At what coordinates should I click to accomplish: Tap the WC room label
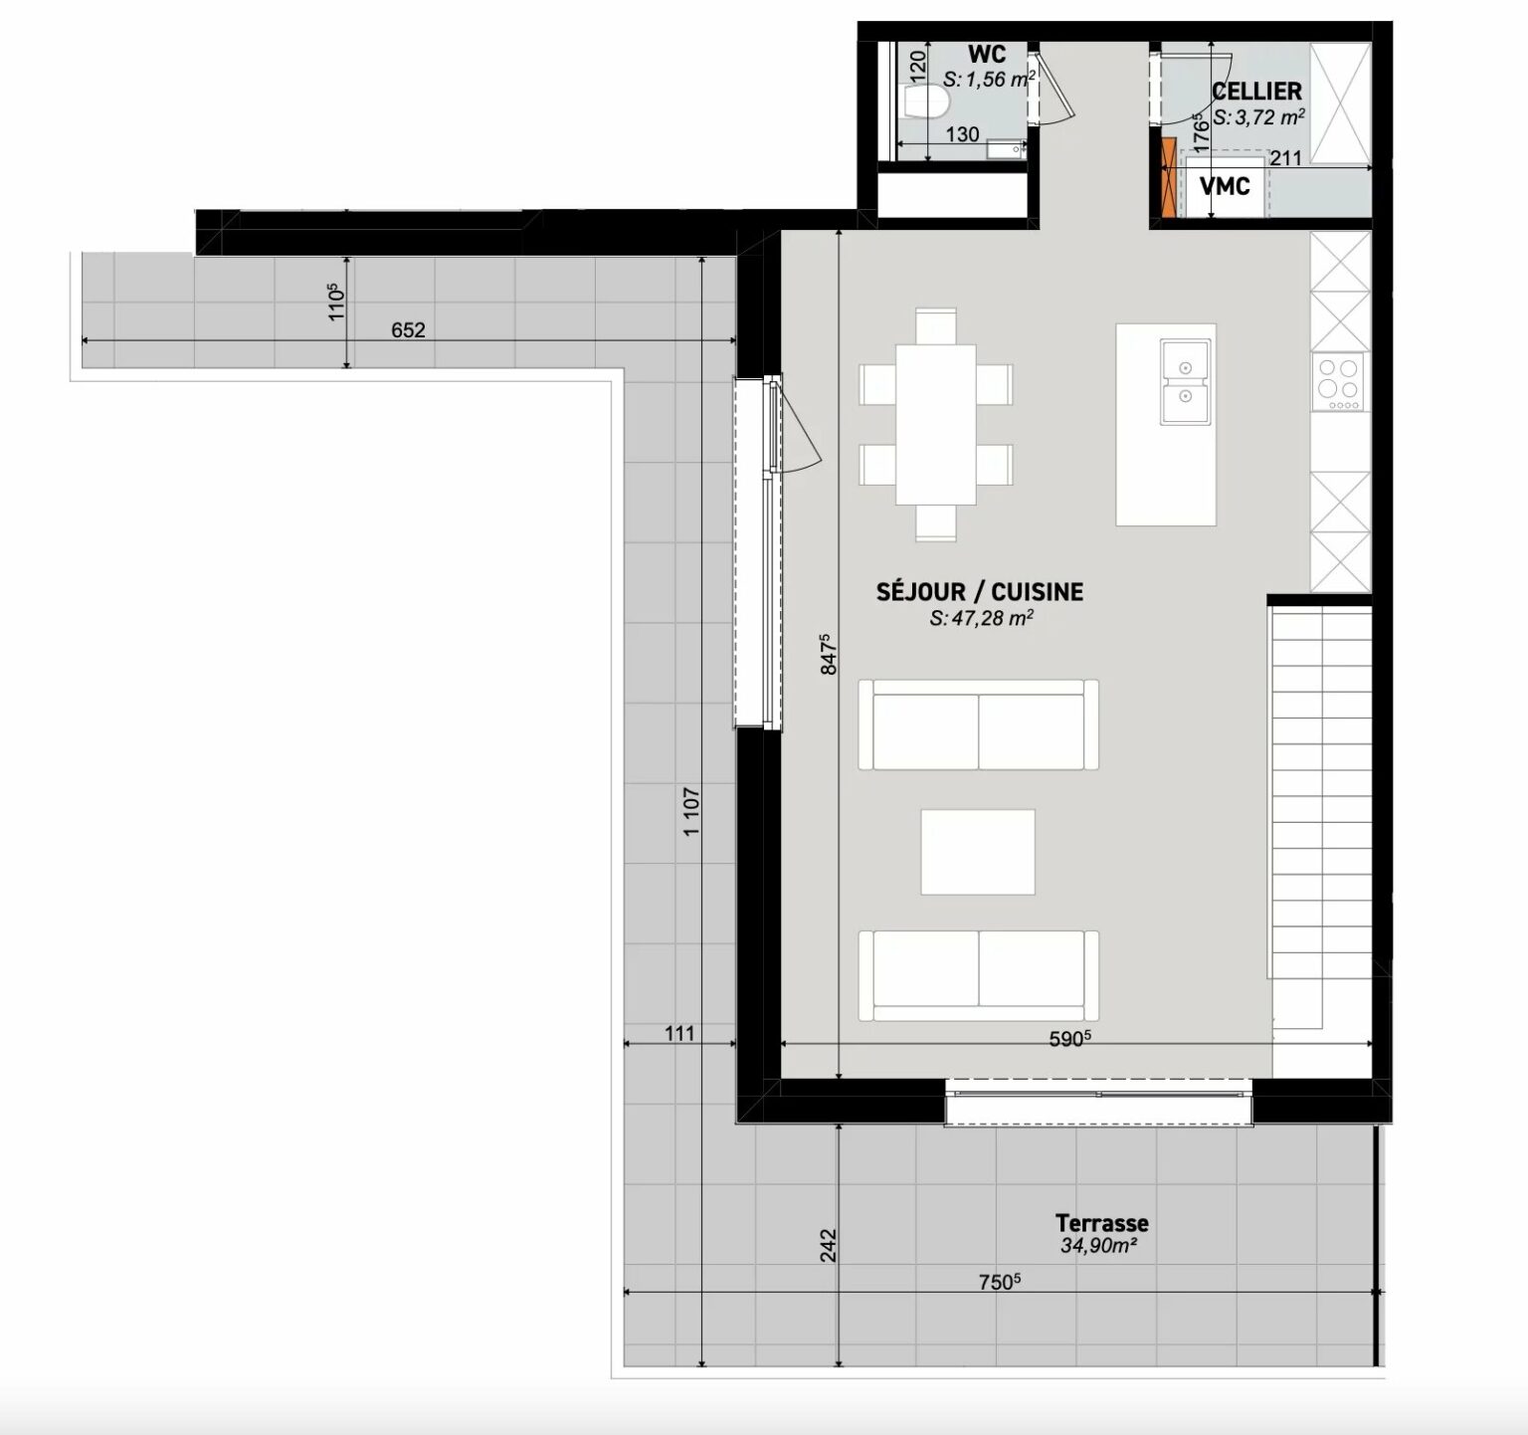coord(987,55)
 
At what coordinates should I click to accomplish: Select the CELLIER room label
coord(1256,91)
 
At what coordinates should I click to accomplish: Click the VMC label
coord(1225,186)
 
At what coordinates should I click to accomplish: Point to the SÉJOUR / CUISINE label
coord(980,591)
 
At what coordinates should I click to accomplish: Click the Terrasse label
coord(1102,1223)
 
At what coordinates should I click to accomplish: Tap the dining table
coord(935,425)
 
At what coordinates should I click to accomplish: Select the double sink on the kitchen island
coord(1186,381)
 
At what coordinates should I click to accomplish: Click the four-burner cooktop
coord(1339,382)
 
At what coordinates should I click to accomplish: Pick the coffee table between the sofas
coord(978,852)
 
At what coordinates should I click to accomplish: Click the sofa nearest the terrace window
coord(979,976)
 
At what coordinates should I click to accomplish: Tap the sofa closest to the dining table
coord(979,725)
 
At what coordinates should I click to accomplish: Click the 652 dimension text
coord(408,329)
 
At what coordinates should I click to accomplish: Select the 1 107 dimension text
coord(692,811)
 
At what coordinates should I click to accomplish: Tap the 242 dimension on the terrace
coord(829,1246)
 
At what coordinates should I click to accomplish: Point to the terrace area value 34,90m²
coord(1098,1246)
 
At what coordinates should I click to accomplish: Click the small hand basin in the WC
coord(1006,150)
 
